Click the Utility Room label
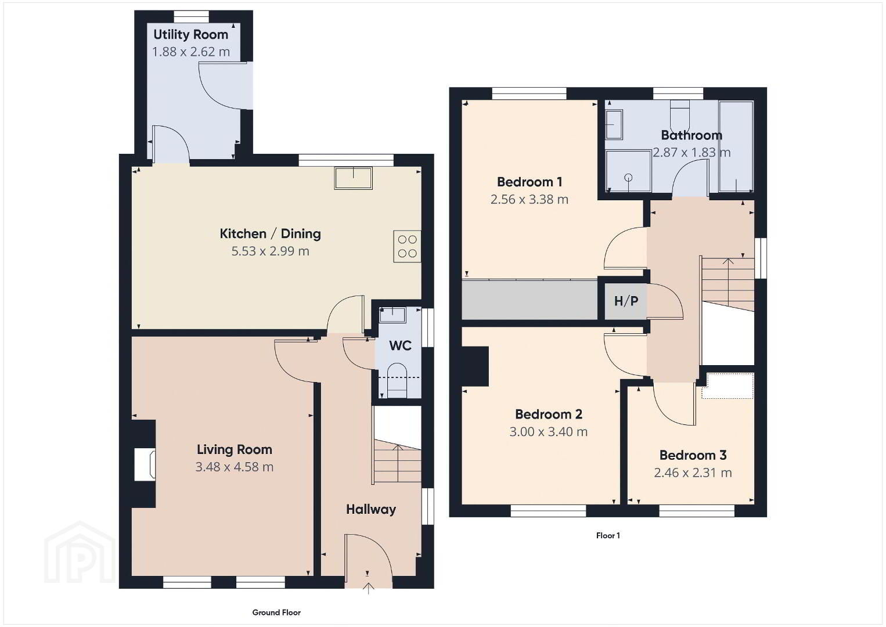pyautogui.click(x=190, y=35)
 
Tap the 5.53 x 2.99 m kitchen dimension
pyautogui.click(x=270, y=251)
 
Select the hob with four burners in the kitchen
pyautogui.click(x=407, y=246)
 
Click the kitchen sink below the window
pyautogui.click(x=353, y=178)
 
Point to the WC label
pyautogui.click(x=400, y=345)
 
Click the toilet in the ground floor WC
pyautogui.click(x=397, y=380)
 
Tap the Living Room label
pyautogui.click(x=235, y=449)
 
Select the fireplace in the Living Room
pyautogui.click(x=145, y=464)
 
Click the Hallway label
pyautogui.click(x=371, y=509)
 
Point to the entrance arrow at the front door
pyautogui.click(x=368, y=588)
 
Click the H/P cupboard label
pyautogui.click(x=626, y=301)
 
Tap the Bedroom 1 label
pyautogui.click(x=530, y=182)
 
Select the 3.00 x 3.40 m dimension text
pyautogui.click(x=548, y=431)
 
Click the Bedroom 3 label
pyautogui.click(x=693, y=455)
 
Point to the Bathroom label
pyautogui.click(x=691, y=135)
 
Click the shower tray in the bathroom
pyautogui.click(x=629, y=171)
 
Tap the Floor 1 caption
pyautogui.click(x=608, y=536)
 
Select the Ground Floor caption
pyautogui.click(x=276, y=612)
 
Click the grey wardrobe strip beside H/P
pyautogui.click(x=530, y=300)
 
